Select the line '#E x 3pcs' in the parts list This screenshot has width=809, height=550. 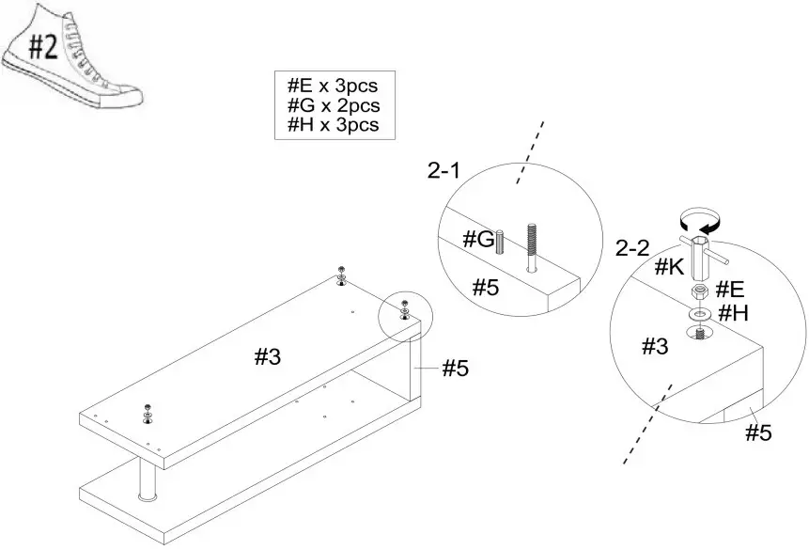pos(334,87)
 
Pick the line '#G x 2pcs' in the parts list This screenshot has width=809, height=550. pos(334,106)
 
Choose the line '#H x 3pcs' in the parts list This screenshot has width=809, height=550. pos(334,125)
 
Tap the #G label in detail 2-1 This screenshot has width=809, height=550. pos(478,240)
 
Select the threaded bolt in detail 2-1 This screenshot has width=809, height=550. pos(532,246)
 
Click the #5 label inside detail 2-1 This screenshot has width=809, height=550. pos(485,288)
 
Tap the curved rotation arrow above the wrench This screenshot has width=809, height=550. pos(699,223)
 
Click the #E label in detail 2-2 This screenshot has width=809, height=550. pos(731,288)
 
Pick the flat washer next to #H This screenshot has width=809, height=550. pos(700,313)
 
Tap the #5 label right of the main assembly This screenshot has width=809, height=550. pos(455,369)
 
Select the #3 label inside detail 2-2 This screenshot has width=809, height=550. pos(655,346)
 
